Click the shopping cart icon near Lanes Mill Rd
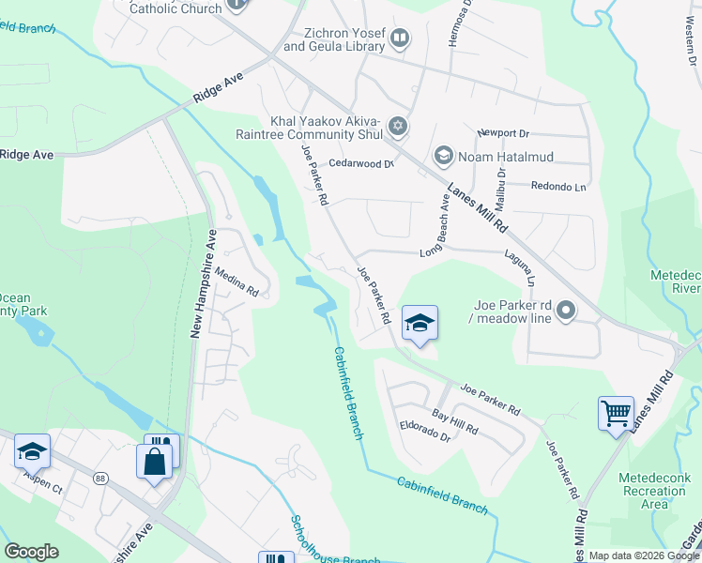click(616, 413)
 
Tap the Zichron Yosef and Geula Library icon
click(400, 38)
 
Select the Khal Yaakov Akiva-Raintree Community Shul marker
click(398, 126)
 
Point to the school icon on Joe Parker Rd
click(420, 324)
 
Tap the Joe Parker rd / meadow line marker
click(565, 310)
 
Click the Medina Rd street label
click(237, 280)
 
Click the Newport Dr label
click(503, 133)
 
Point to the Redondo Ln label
click(558, 186)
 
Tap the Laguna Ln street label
click(519, 267)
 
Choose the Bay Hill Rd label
click(455, 421)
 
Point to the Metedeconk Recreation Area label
click(655, 491)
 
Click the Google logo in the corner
click(31, 552)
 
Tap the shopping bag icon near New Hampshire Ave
click(155, 462)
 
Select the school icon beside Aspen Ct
click(32, 452)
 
